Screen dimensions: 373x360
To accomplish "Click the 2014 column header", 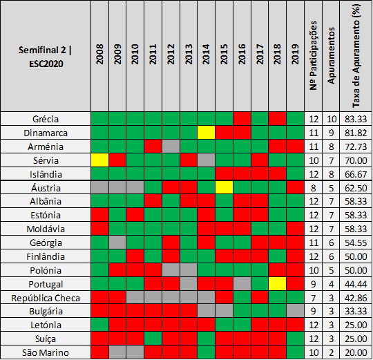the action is tap(206, 54).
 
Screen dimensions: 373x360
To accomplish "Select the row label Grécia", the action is tap(46, 119).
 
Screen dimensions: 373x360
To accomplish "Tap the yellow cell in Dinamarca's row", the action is tap(207, 133).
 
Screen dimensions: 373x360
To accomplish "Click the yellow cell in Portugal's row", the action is tap(277, 284).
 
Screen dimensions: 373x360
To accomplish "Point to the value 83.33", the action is tap(356, 119).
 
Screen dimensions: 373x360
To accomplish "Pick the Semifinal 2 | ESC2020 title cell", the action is tap(46, 57).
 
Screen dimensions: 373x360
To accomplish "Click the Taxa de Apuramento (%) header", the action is tap(356, 56).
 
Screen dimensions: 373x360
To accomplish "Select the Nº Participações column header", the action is tap(314, 56).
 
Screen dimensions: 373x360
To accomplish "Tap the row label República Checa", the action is tap(46, 298).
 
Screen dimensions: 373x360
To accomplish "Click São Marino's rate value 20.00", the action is tap(356, 352).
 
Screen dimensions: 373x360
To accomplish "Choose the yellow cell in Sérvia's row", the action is tap(100, 160).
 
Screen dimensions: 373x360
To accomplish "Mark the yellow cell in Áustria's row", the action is tap(224, 187).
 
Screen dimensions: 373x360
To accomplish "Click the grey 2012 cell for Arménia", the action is tap(171, 146).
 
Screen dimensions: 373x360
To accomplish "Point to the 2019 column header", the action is tap(295, 54).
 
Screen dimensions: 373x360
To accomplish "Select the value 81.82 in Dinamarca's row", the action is tap(356, 133).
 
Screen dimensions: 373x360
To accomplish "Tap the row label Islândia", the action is tap(46, 174).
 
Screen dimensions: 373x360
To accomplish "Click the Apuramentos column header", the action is tap(331, 56).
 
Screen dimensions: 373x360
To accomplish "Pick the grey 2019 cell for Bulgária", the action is tap(295, 311).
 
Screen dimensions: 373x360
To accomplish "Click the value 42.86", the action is tap(356, 298).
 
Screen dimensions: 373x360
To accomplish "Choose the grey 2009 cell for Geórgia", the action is tap(117, 243).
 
